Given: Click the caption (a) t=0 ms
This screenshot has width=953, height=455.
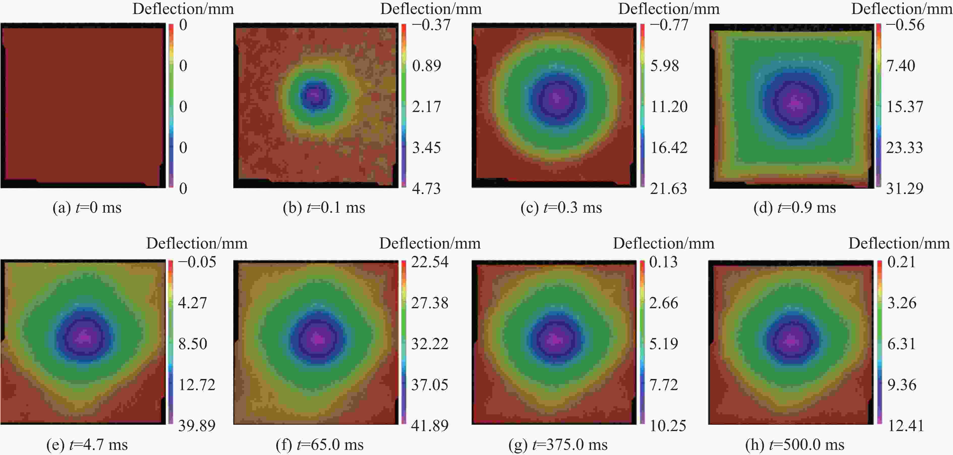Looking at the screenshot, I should click(87, 207).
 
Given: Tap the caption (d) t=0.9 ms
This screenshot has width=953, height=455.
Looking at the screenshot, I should click(795, 207).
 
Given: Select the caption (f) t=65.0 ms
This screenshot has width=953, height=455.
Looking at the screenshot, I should click(320, 445).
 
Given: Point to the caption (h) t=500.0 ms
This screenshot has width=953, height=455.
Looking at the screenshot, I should click(795, 445).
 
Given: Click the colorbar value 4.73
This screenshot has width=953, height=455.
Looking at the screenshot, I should click(426, 189).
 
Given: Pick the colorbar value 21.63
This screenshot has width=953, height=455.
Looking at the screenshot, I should click(669, 189).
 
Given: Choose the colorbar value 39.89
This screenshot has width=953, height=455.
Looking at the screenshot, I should click(197, 426).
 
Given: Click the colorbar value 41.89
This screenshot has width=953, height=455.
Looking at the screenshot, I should click(429, 426).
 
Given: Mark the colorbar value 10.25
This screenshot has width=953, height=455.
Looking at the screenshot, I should click(668, 426).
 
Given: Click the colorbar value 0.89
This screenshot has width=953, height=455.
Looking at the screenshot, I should click(426, 66).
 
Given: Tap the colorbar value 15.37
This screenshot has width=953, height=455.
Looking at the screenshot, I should click(905, 107).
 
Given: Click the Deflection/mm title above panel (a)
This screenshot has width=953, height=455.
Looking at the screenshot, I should click(183, 9).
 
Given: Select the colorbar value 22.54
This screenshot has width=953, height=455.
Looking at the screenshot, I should click(429, 262).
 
